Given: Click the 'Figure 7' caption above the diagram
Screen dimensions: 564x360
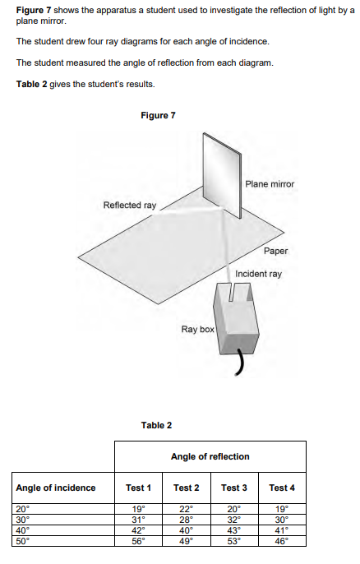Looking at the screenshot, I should point(158,115).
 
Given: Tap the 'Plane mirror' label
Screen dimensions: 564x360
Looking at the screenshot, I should point(269,184).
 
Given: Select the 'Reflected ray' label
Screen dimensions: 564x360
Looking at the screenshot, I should point(129,205).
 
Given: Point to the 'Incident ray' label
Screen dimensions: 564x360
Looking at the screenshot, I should point(258,274).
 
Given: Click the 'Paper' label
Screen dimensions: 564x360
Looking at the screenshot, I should point(276,251).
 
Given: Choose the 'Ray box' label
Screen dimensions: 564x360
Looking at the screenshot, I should point(197,329).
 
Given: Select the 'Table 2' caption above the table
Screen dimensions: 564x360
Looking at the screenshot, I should point(156,425).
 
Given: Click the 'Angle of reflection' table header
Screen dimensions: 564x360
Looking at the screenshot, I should point(210,456).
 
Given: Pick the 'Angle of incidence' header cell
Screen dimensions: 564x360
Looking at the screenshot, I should point(56,488).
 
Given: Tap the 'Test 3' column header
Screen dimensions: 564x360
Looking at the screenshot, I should point(234,488).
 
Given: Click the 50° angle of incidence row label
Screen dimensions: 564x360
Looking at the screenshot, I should point(23,541).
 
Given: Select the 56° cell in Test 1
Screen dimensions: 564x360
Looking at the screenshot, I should point(138,541).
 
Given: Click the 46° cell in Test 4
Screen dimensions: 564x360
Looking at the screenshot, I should point(282,541).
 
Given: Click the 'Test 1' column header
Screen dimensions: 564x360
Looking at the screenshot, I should point(138,488).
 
